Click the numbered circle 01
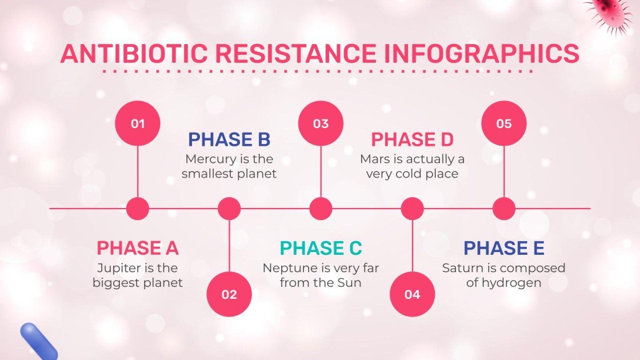click(x=138, y=123)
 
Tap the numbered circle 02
click(x=229, y=294)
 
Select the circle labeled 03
click(x=321, y=123)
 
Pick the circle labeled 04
click(x=412, y=294)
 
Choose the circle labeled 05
click(x=503, y=123)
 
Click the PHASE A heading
click(x=138, y=248)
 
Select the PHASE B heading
click(x=229, y=139)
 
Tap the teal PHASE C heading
click(x=321, y=248)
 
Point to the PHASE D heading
click(x=412, y=139)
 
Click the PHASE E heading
click(x=503, y=248)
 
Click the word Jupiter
click(x=117, y=268)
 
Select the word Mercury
click(x=209, y=159)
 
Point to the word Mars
click(x=375, y=159)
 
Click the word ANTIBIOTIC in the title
click(x=134, y=54)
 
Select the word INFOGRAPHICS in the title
click(x=481, y=54)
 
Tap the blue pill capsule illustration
click(x=38, y=341)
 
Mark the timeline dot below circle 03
click(x=321, y=209)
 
